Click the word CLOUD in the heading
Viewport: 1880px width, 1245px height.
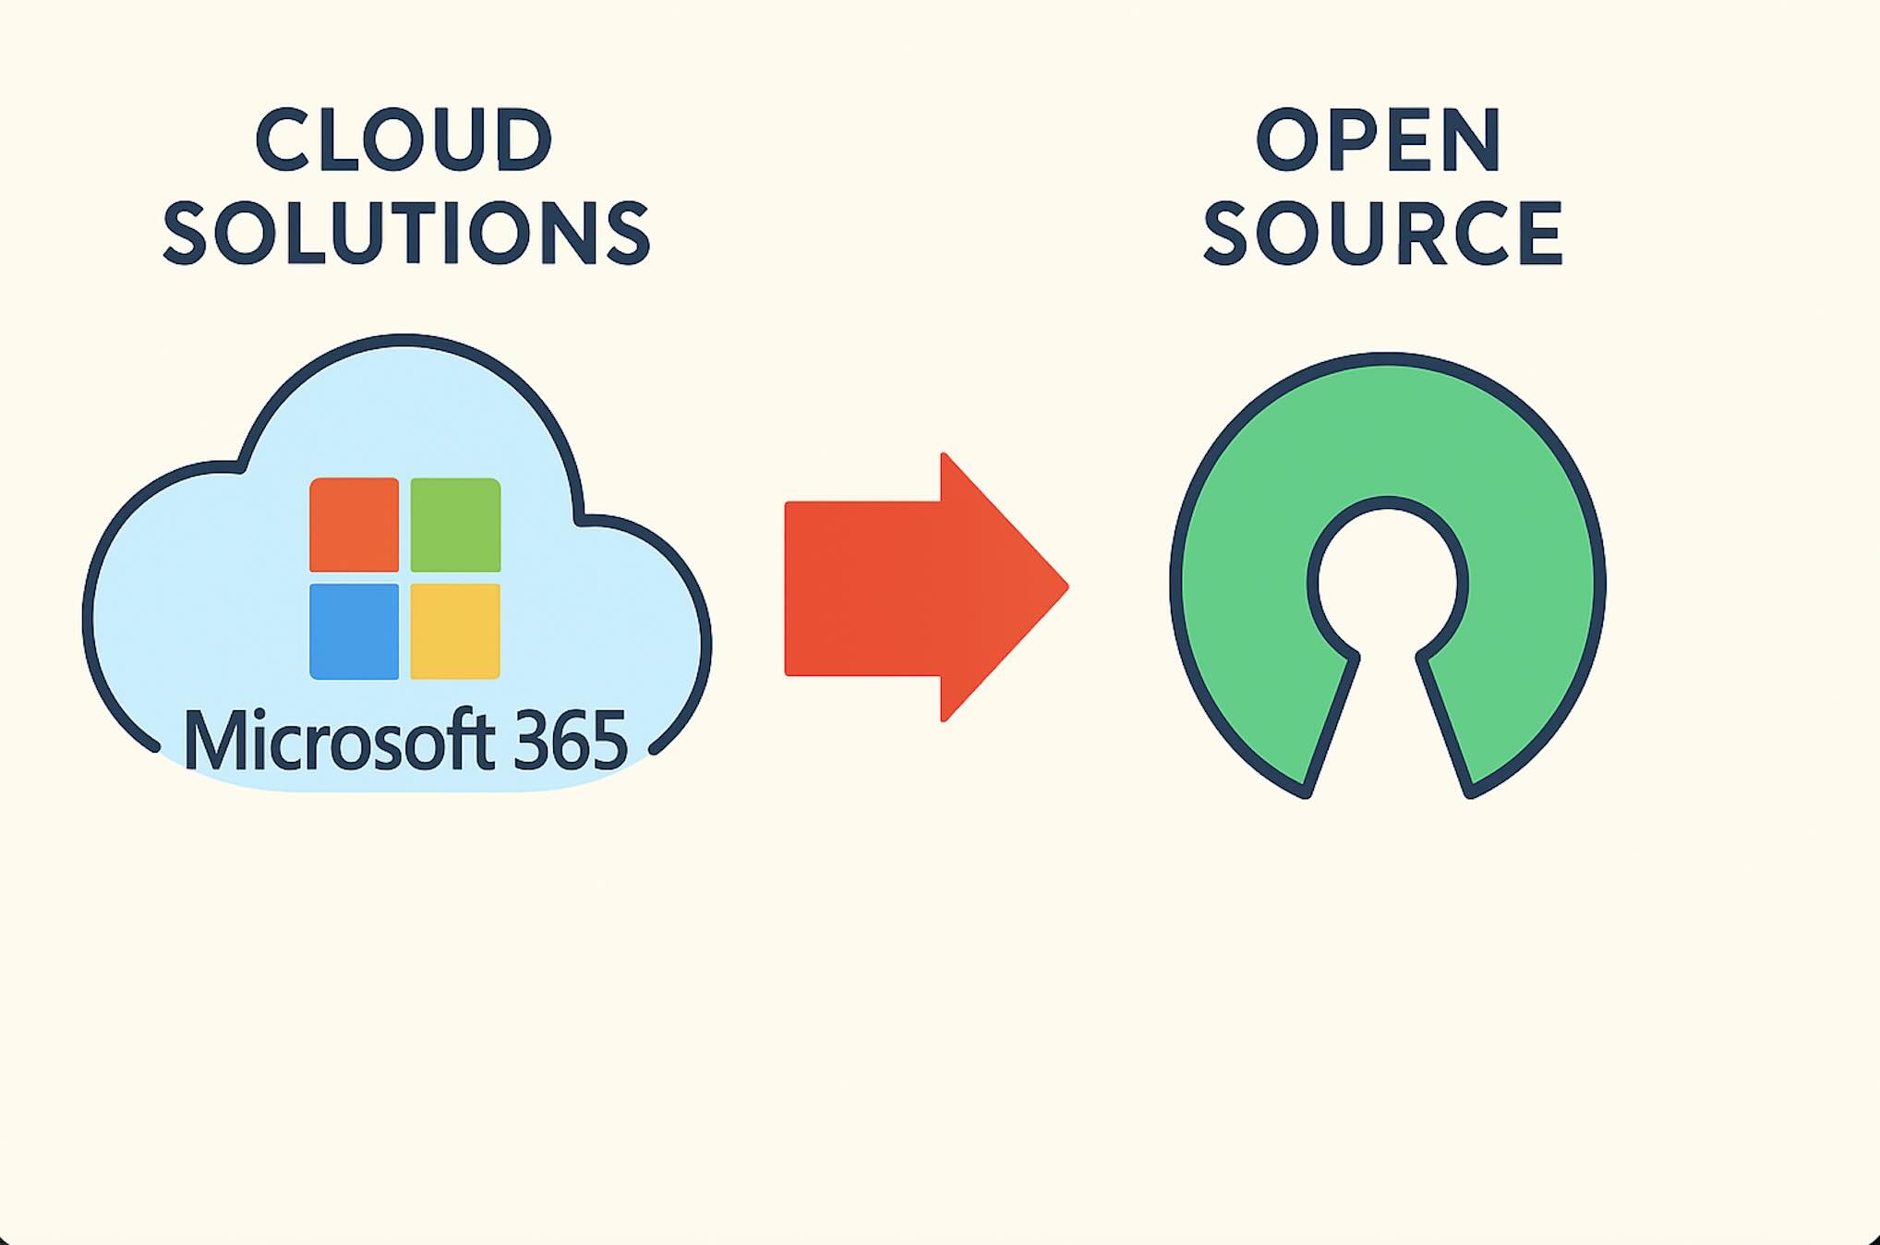coord(404,140)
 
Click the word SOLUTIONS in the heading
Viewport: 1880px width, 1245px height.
coord(406,233)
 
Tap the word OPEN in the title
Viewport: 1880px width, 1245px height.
coord(1379,140)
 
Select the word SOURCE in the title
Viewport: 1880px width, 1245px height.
coord(1382,233)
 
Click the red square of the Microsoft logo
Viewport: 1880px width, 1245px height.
coord(354,525)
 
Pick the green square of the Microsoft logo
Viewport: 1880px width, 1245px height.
coord(455,525)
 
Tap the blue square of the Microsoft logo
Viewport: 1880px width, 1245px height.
coord(354,632)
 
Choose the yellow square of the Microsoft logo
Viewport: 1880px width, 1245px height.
coord(455,632)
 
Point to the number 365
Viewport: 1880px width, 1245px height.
coord(570,741)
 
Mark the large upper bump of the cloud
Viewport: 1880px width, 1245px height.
coord(404,406)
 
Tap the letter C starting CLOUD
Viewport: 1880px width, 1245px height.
coord(281,140)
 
